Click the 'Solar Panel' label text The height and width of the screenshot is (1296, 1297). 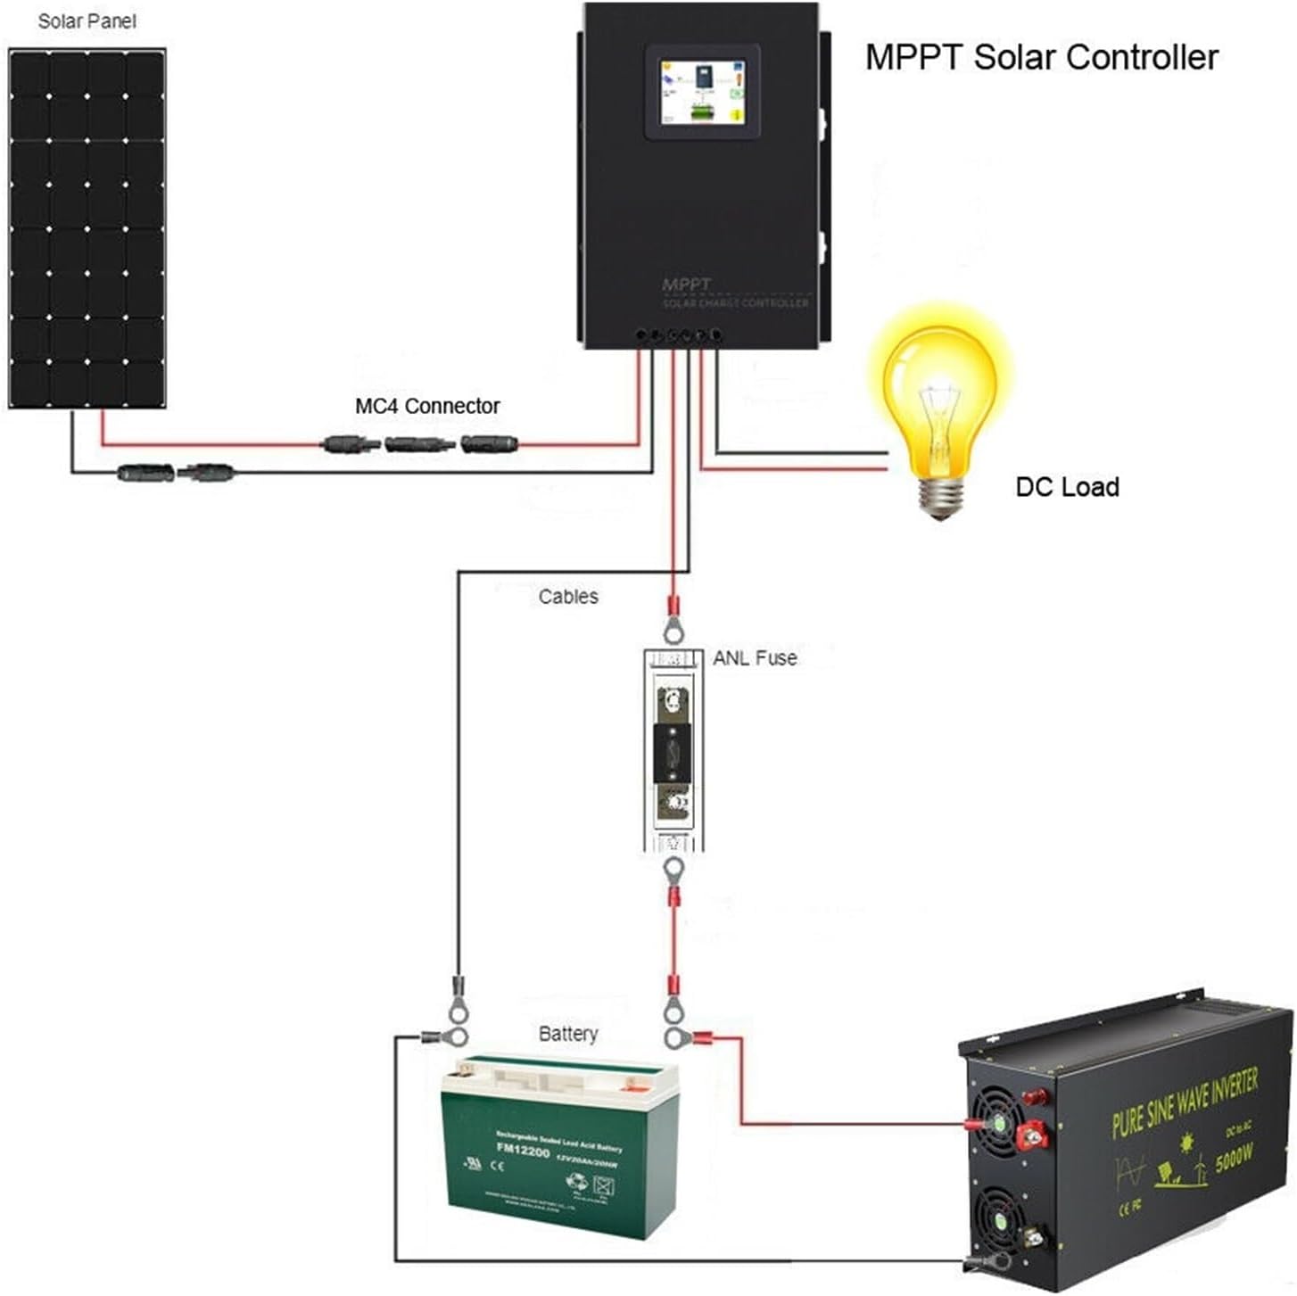[87, 21]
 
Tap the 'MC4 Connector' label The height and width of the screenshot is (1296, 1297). [427, 407]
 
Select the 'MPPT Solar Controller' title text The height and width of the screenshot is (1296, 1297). [1041, 57]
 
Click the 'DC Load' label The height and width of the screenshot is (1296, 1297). [1067, 487]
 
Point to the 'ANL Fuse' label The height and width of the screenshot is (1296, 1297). [755, 658]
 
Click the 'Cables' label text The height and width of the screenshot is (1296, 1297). [568, 597]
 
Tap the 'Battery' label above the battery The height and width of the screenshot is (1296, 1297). [568, 1034]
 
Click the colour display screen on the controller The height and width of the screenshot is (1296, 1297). [702, 93]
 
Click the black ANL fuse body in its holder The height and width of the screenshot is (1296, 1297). [673, 754]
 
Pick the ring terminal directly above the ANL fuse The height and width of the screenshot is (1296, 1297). [673, 623]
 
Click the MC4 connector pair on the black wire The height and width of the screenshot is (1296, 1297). [176, 473]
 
